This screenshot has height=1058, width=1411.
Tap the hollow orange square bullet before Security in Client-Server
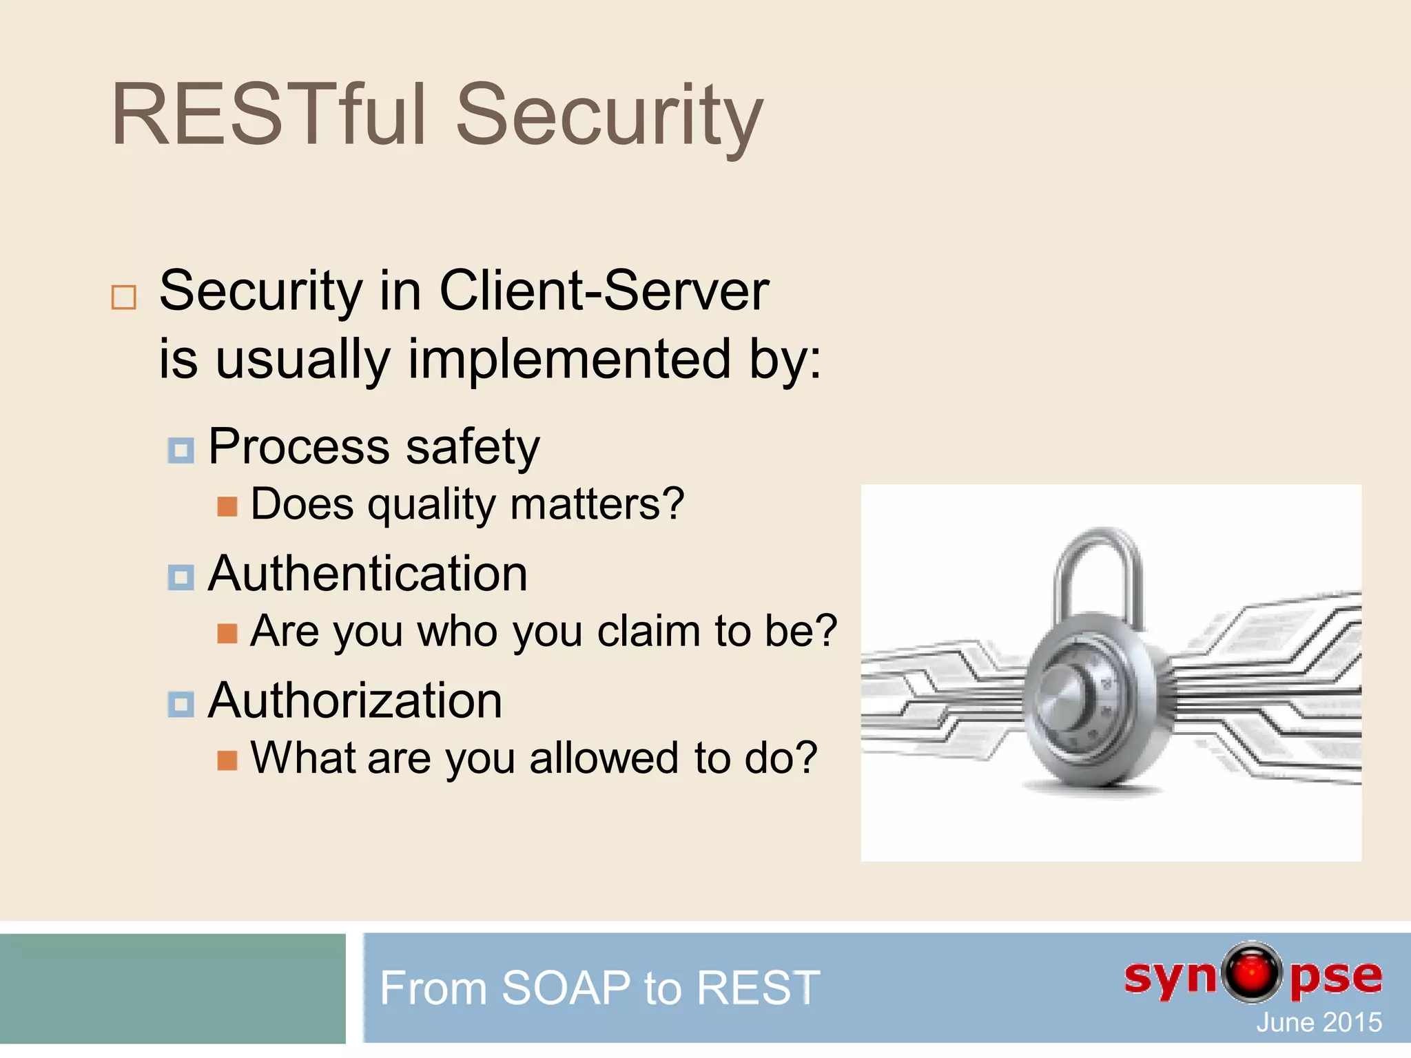[124, 298]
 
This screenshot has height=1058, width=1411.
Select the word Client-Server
[604, 291]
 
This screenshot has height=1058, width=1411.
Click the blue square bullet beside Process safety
[181, 450]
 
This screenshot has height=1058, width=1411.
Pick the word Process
[298, 447]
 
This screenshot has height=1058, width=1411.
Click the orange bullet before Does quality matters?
[227, 507]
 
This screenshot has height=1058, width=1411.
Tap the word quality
[431, 505]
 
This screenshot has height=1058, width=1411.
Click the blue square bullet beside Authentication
[181, 577]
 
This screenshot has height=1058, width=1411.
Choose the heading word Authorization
[355, 701]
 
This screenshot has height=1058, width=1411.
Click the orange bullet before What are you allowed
[227, 760]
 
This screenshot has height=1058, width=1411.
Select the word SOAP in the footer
[566, 988]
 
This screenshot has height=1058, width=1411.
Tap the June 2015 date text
[1319, 1023]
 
